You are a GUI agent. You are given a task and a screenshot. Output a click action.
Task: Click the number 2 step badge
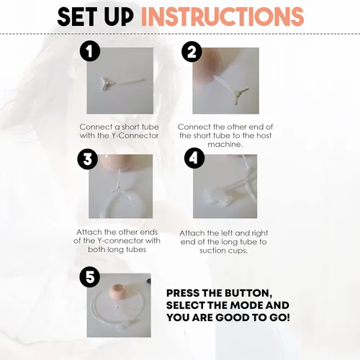192,51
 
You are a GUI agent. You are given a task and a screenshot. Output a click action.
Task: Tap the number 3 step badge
87,159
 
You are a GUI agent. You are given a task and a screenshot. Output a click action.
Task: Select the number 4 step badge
193,158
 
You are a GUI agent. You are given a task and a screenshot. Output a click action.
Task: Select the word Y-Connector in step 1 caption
135,135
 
